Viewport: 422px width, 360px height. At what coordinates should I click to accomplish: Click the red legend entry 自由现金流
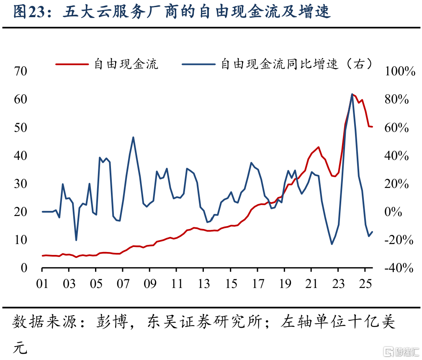click(x=126, y=64)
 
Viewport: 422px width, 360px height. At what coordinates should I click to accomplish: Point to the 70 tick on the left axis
click(x=20, y=71)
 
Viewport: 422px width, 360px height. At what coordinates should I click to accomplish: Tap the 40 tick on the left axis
click(x=20, y=156)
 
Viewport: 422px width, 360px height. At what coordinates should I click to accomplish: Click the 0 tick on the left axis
click(x=24, y=268)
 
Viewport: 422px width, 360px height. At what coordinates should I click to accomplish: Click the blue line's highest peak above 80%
click(x=352, y=94)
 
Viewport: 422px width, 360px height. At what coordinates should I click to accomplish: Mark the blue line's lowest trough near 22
click(x=332, y=244)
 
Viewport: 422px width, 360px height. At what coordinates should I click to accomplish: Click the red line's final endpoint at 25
click(x=372, y=127)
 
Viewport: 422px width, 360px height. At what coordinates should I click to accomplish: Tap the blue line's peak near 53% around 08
click(x=133, y=137)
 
